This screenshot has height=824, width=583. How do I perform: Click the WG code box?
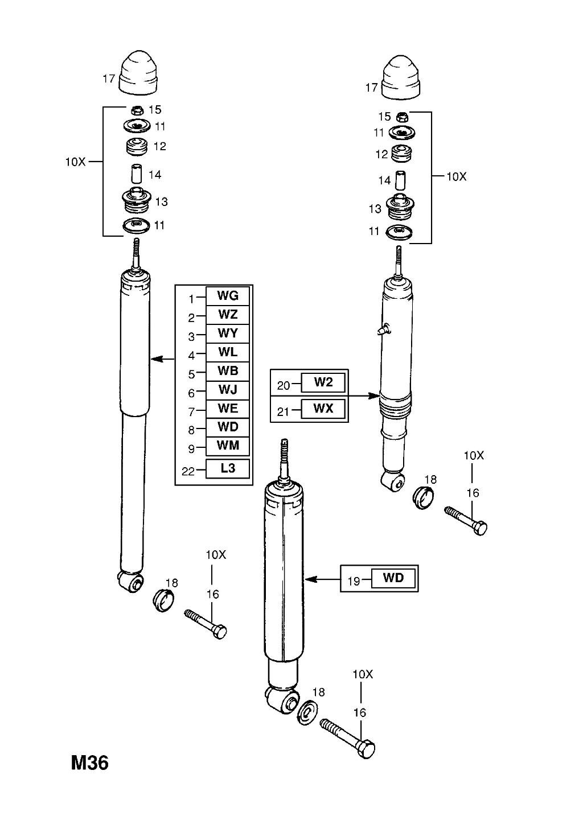pyautogui.click(x=227, y=295)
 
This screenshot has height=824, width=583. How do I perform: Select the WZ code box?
pyautogui.click(x=227, y=314)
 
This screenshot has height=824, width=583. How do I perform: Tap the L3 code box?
pyautogui.click(x=227, y=469)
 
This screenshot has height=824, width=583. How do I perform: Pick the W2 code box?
pyautogui.click(x=323, y=382)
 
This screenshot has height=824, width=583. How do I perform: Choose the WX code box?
pyautogui.click(x=323, y=408)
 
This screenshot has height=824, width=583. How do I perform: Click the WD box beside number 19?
pyautogui.click(x=393, y=578)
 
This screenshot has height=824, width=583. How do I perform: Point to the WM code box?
pyautogui.click(x=227, y=446)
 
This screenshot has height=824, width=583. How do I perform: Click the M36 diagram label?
pyautogui.click(x=89, y=763)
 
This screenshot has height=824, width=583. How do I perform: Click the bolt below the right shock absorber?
pyautogui.click(x=465, y=519)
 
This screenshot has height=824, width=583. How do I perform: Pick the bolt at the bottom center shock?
pyautogui.click(x=347, y=737)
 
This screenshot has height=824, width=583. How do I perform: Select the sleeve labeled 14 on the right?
pyautogui.click(x=401, y=180)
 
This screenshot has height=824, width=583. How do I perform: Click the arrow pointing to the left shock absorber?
pyautogui.click(x=163, y=359)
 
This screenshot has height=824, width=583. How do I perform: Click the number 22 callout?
pyautogui.click(x=188, y=471)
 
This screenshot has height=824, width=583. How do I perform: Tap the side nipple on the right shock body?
pyautogui.click(x=384, y=328)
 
